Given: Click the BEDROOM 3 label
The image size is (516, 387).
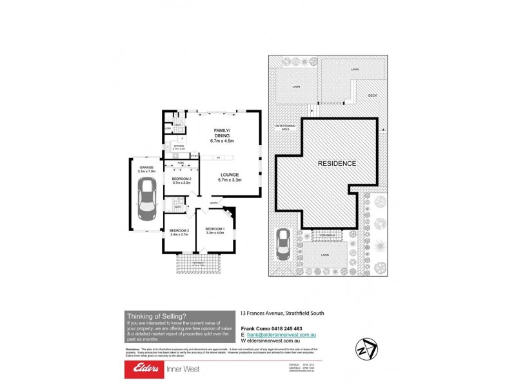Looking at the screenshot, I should (x=179, y=232).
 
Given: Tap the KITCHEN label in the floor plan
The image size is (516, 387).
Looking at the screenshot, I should (x=179, y=146).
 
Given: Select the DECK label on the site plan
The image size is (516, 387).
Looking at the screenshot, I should (x=372, y=95).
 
